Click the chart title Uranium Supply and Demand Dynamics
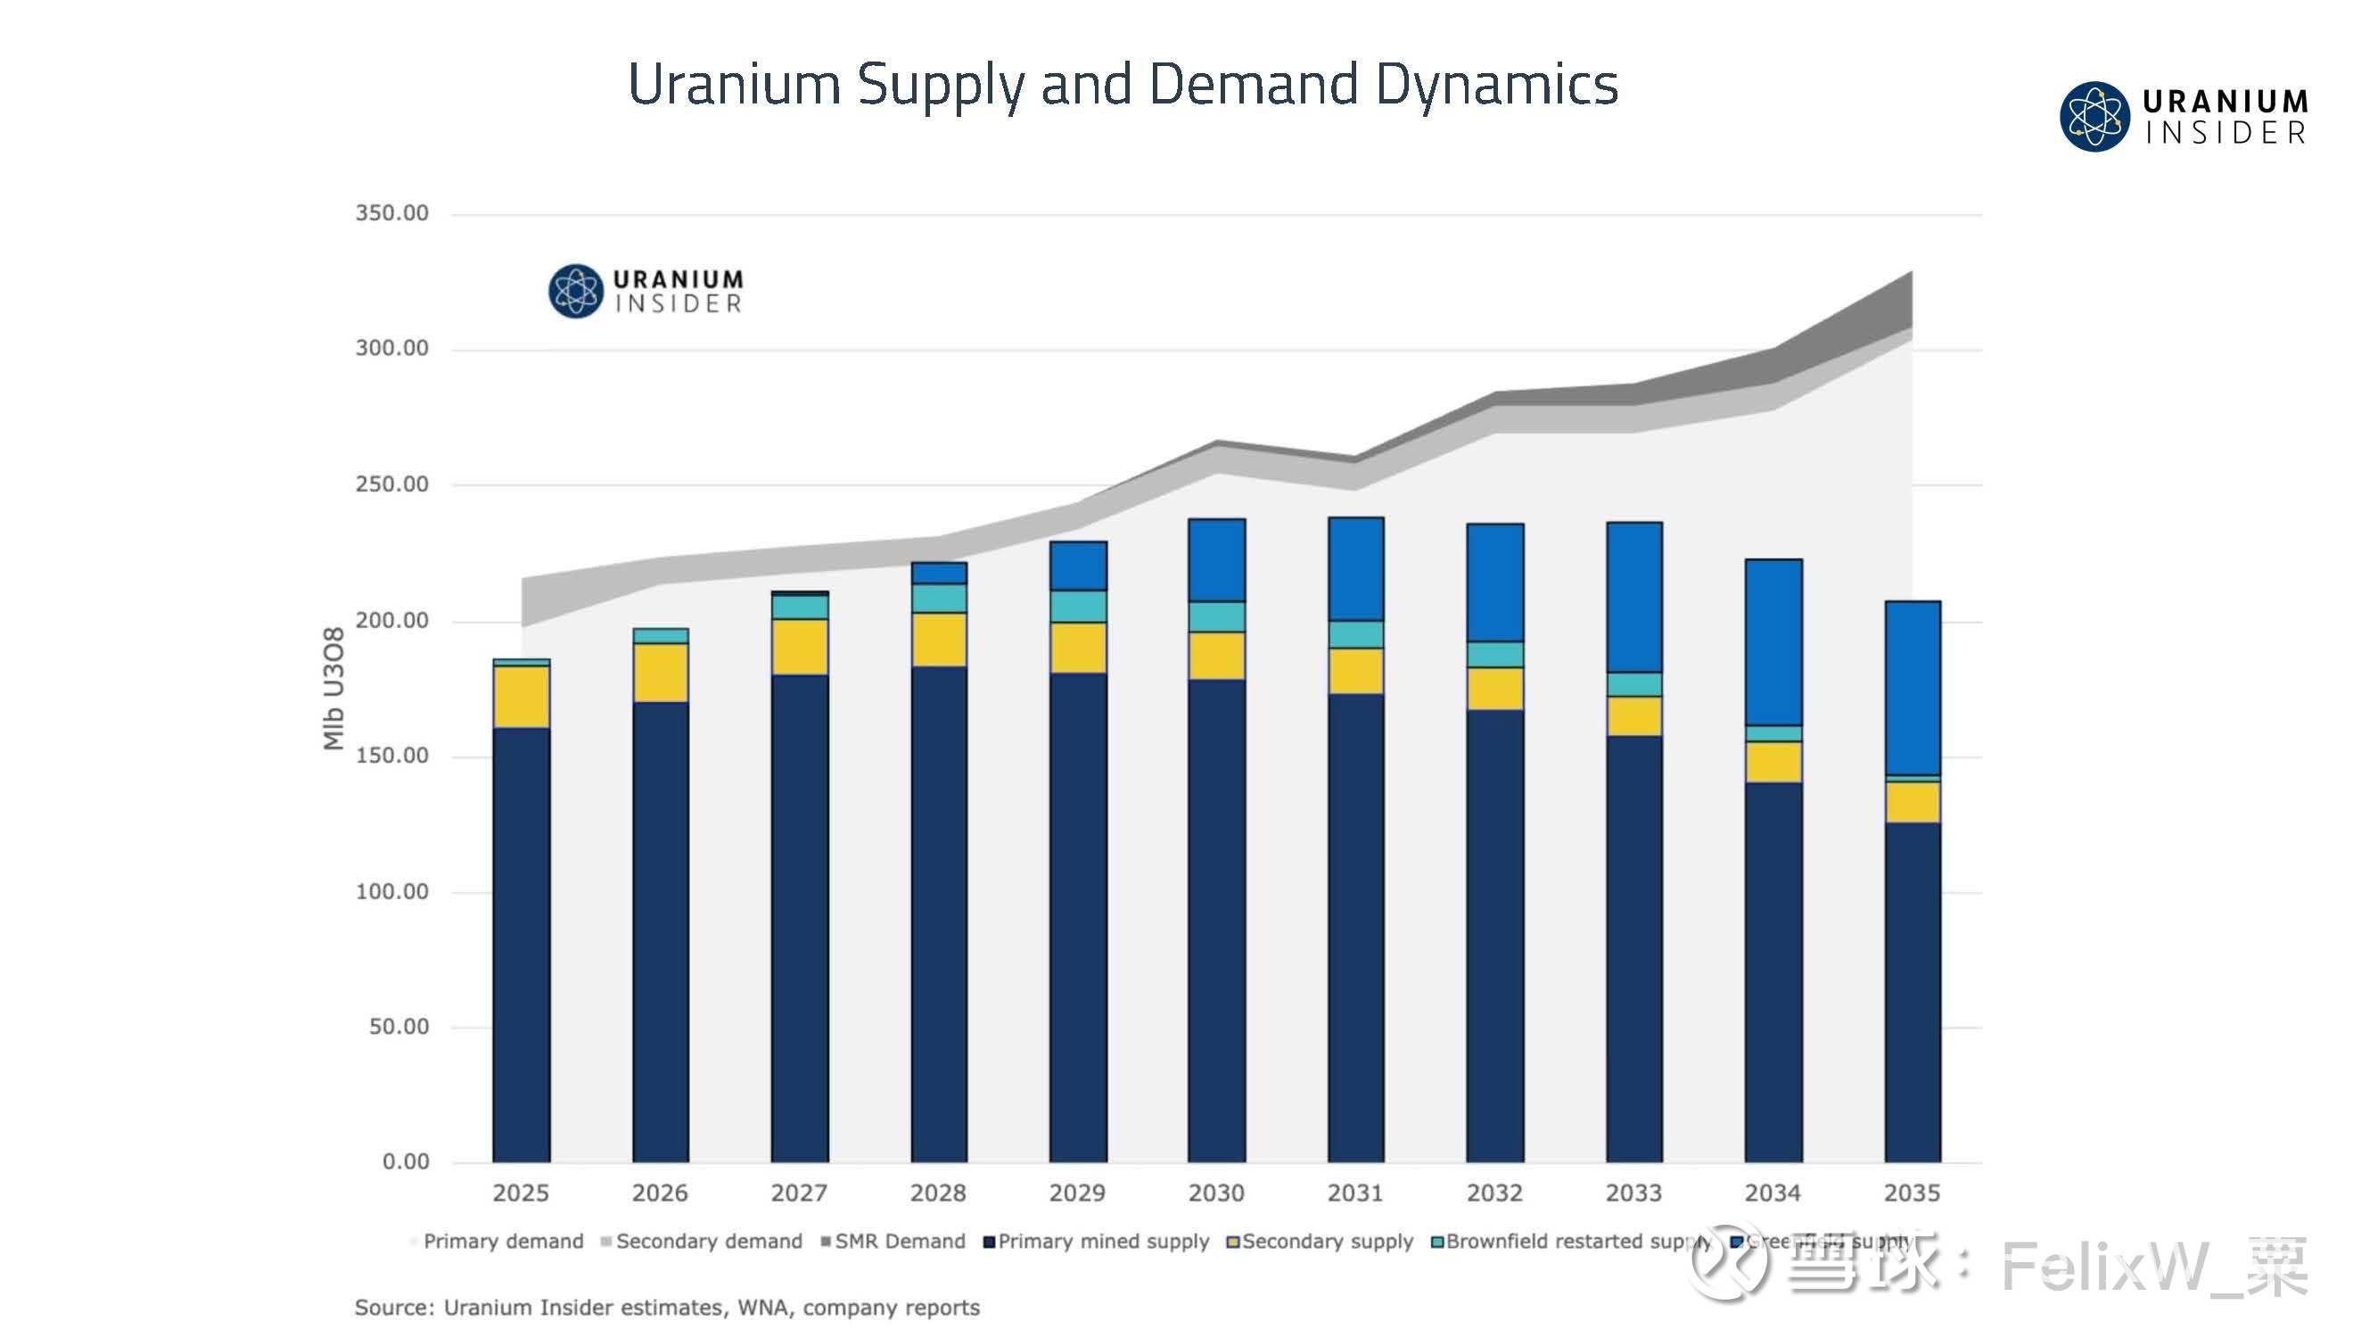pos(1122,85)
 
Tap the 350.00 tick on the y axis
pos(391,213)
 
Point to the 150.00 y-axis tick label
pos(391,756)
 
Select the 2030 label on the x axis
pos(1216,1193)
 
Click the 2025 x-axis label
pos(521,1193)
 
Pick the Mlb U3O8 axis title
pos(333,688)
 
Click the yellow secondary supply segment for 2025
pos(522,697)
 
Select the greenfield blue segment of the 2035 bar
pos(1912,688)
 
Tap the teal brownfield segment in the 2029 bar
pos(1077,606)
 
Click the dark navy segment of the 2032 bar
pos(1494,933)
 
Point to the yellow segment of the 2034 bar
pos(1773,762)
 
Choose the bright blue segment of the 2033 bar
pos(1634,597)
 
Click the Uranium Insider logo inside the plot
pos(646,291)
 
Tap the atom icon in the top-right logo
pos(2094,116)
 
